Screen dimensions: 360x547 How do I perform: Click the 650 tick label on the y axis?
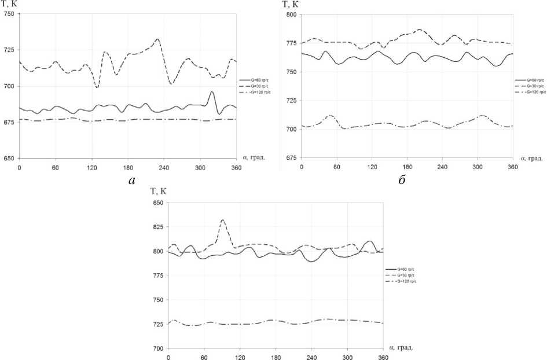click(x=9, y=158)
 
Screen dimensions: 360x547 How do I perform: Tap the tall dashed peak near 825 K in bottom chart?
click(x=223, y=220)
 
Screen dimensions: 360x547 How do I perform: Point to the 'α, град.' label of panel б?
click(x=530, y=158)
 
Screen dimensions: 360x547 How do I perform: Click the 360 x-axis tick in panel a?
click(x=236, y=167)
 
